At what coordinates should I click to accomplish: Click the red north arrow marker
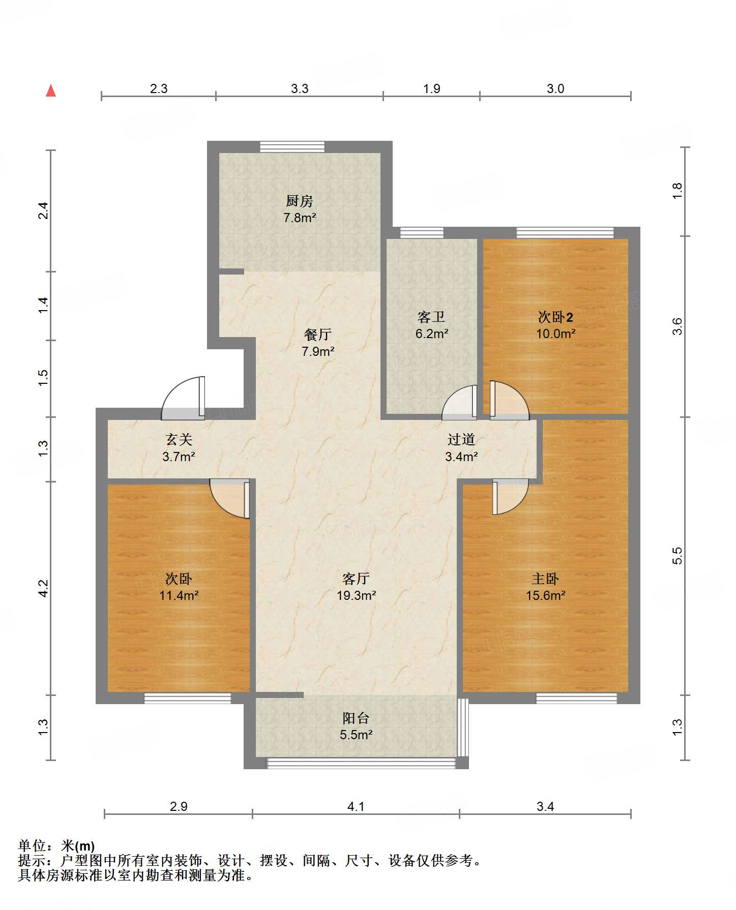(x=51, y=90)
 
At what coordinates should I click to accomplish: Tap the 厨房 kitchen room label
(x=299, y=201)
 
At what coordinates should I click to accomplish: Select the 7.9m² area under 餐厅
(x=318, y=351)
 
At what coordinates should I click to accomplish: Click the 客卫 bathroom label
(x=431, y=317)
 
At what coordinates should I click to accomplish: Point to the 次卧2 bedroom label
(x=555, y=317)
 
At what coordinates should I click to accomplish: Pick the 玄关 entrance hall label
(x=179, y=440)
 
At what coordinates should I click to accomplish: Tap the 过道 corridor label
(x=461, y=440)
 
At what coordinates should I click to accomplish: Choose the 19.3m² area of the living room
(x=356, y=595)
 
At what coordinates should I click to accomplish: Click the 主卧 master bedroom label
(x=545, y=579)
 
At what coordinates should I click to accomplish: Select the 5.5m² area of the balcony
(x=356, y=735)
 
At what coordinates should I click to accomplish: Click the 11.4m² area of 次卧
(x=179, y=595)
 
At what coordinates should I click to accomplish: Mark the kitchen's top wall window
(x=292, y=147)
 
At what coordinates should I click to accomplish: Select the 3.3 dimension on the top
(x=300, y=89)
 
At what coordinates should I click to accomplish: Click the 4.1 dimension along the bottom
(x=356, y=806)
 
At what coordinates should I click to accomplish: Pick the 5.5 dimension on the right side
(x=677, y=556)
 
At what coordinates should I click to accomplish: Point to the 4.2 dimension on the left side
(x=44, y=588)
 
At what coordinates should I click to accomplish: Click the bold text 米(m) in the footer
(x=78, y=846)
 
